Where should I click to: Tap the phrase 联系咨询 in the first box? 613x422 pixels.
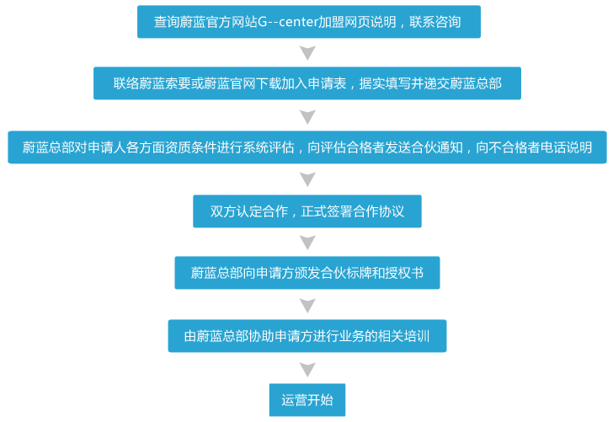[x=434, y=22]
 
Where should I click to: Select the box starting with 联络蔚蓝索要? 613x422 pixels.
[x=307, y=83]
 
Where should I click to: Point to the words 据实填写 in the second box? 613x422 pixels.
[x=386, y=83]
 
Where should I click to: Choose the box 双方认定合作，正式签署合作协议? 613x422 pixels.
[x=307, y=211]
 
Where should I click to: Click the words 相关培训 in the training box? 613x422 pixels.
[x=403, y=336]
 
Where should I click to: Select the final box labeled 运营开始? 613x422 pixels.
[x=307, y=400]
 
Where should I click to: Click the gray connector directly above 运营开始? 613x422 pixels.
[x=307, y=370]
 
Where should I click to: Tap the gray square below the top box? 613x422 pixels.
[x=307, y=53]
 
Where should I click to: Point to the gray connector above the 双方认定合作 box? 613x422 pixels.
[x=307, y=179]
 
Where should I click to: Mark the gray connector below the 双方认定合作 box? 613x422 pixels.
[x=307, y=243]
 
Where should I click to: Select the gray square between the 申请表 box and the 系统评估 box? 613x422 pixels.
[x=307, y=116]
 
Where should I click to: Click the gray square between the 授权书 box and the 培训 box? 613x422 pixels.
[x=307, y=306]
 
